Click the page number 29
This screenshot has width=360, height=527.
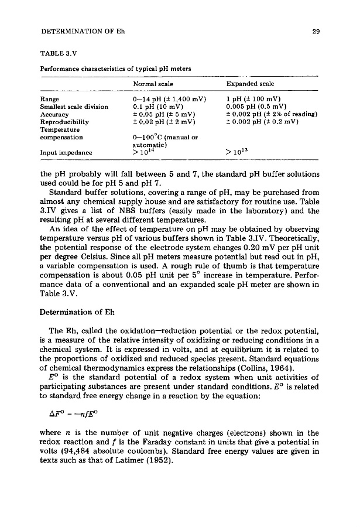tap(316, 32)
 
